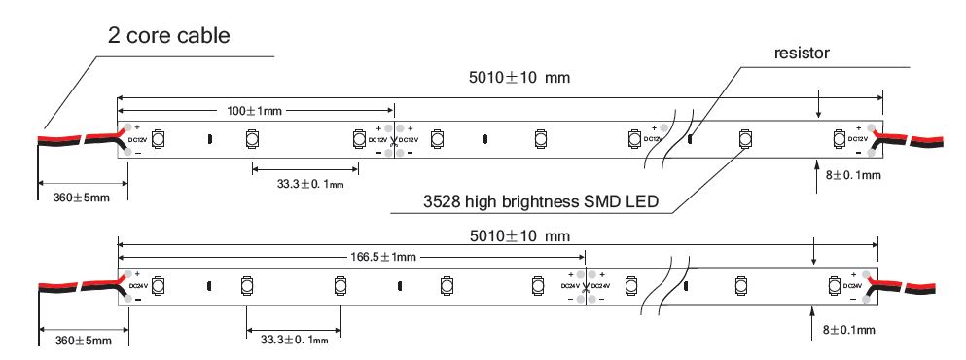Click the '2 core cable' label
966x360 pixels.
pos(169,35)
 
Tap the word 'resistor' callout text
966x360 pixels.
pos(802,53)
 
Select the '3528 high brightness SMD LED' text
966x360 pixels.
pos(541,201)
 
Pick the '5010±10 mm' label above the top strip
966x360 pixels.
pos(519,78)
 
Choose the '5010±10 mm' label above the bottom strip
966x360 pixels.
pos(519,236)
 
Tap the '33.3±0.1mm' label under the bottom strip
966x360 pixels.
pos(294,340)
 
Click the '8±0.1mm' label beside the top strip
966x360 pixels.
pos(852,175)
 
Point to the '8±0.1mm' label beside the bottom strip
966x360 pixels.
pos(849,330)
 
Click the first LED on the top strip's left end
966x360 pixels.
pos(158,139)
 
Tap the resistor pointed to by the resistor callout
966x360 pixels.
pos(690,139)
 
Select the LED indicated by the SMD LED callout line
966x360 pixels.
pos(745,139)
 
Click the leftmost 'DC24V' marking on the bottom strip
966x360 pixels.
pos(138,286)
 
